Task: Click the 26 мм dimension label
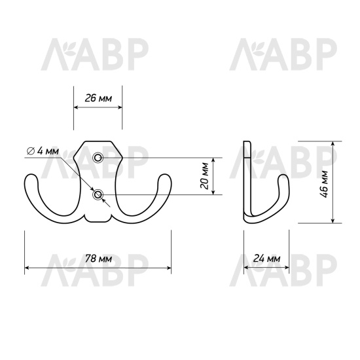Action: (98, 98)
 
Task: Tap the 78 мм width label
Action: (98, 259)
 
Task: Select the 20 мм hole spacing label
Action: (204, 175)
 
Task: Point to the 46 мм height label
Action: (324, 184)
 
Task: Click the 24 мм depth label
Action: (266, 259)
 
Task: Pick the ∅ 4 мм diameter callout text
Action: (43, 151)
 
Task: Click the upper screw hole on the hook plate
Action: (98, 158)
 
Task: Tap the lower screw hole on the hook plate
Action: (98, 194)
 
